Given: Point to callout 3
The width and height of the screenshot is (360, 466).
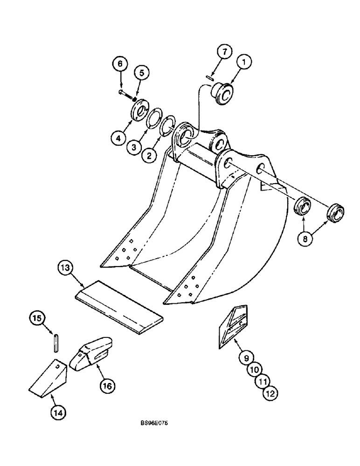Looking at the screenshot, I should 133,147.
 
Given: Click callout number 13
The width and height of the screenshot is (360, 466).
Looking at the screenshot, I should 66,269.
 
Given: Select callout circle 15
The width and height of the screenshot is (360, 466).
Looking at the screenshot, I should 36,318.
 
